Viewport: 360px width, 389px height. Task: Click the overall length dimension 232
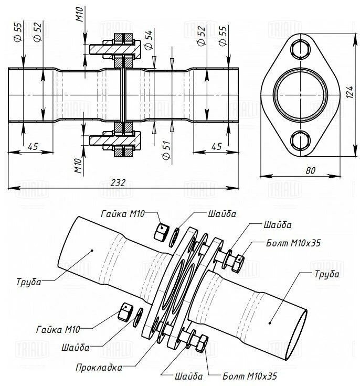(x=119, y=182)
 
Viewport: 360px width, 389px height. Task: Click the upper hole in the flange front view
(x=300, y=48)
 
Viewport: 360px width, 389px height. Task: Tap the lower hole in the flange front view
(x=300, y=140)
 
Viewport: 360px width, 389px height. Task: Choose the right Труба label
(x=326, y=273)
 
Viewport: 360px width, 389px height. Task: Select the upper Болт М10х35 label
(x=293, y=243)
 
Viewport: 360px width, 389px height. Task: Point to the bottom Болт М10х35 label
(x=249, y=376)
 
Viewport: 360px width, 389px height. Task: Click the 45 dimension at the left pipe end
(x=32, y=146)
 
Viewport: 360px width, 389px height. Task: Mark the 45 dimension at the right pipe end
(x=216, y=146)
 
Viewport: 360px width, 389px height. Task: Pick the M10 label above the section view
(x=80, y=14)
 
